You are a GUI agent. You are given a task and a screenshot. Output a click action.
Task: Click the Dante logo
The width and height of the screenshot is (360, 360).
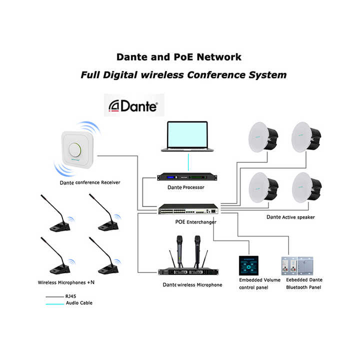tap(134, 106)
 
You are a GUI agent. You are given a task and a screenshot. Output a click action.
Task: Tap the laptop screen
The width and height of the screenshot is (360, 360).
tap(187, 135)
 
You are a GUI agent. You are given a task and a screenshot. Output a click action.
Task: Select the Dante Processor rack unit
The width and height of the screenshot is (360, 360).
tap(187, 177)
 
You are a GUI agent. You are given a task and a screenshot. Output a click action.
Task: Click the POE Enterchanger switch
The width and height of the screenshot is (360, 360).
tap(188, 209)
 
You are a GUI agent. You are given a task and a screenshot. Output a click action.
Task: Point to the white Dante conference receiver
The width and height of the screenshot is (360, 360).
tap(77, 149)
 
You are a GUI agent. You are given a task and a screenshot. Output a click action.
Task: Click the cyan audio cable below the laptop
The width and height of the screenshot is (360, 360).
tap(188, 162)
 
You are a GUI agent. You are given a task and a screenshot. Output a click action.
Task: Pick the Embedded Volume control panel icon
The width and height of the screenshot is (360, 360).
tap(248, 265)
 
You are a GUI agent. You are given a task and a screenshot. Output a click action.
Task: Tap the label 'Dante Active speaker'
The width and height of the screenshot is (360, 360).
tap(290, 217)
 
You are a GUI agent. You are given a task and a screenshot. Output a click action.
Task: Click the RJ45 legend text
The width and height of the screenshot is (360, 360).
tap(70, 296)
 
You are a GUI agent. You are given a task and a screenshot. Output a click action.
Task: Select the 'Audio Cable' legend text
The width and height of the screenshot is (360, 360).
tap(79, 303)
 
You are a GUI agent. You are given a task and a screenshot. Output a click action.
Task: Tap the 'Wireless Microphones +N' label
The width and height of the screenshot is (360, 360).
tap(66, 282)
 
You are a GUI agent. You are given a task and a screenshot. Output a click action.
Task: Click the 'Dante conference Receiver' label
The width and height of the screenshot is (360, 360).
tap(90, 182)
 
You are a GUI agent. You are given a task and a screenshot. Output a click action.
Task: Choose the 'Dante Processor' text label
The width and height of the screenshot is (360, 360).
tap(185, 187)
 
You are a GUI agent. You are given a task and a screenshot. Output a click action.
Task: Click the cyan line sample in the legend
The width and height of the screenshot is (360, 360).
tap(54, 304)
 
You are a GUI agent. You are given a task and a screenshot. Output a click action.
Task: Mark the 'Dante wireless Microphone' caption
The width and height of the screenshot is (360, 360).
tap(192, 284)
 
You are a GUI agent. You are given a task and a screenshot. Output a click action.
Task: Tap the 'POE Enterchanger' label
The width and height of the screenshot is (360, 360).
tap(195, 222)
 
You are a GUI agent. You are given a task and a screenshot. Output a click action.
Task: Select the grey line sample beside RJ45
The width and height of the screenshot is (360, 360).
tap(54, 297)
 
